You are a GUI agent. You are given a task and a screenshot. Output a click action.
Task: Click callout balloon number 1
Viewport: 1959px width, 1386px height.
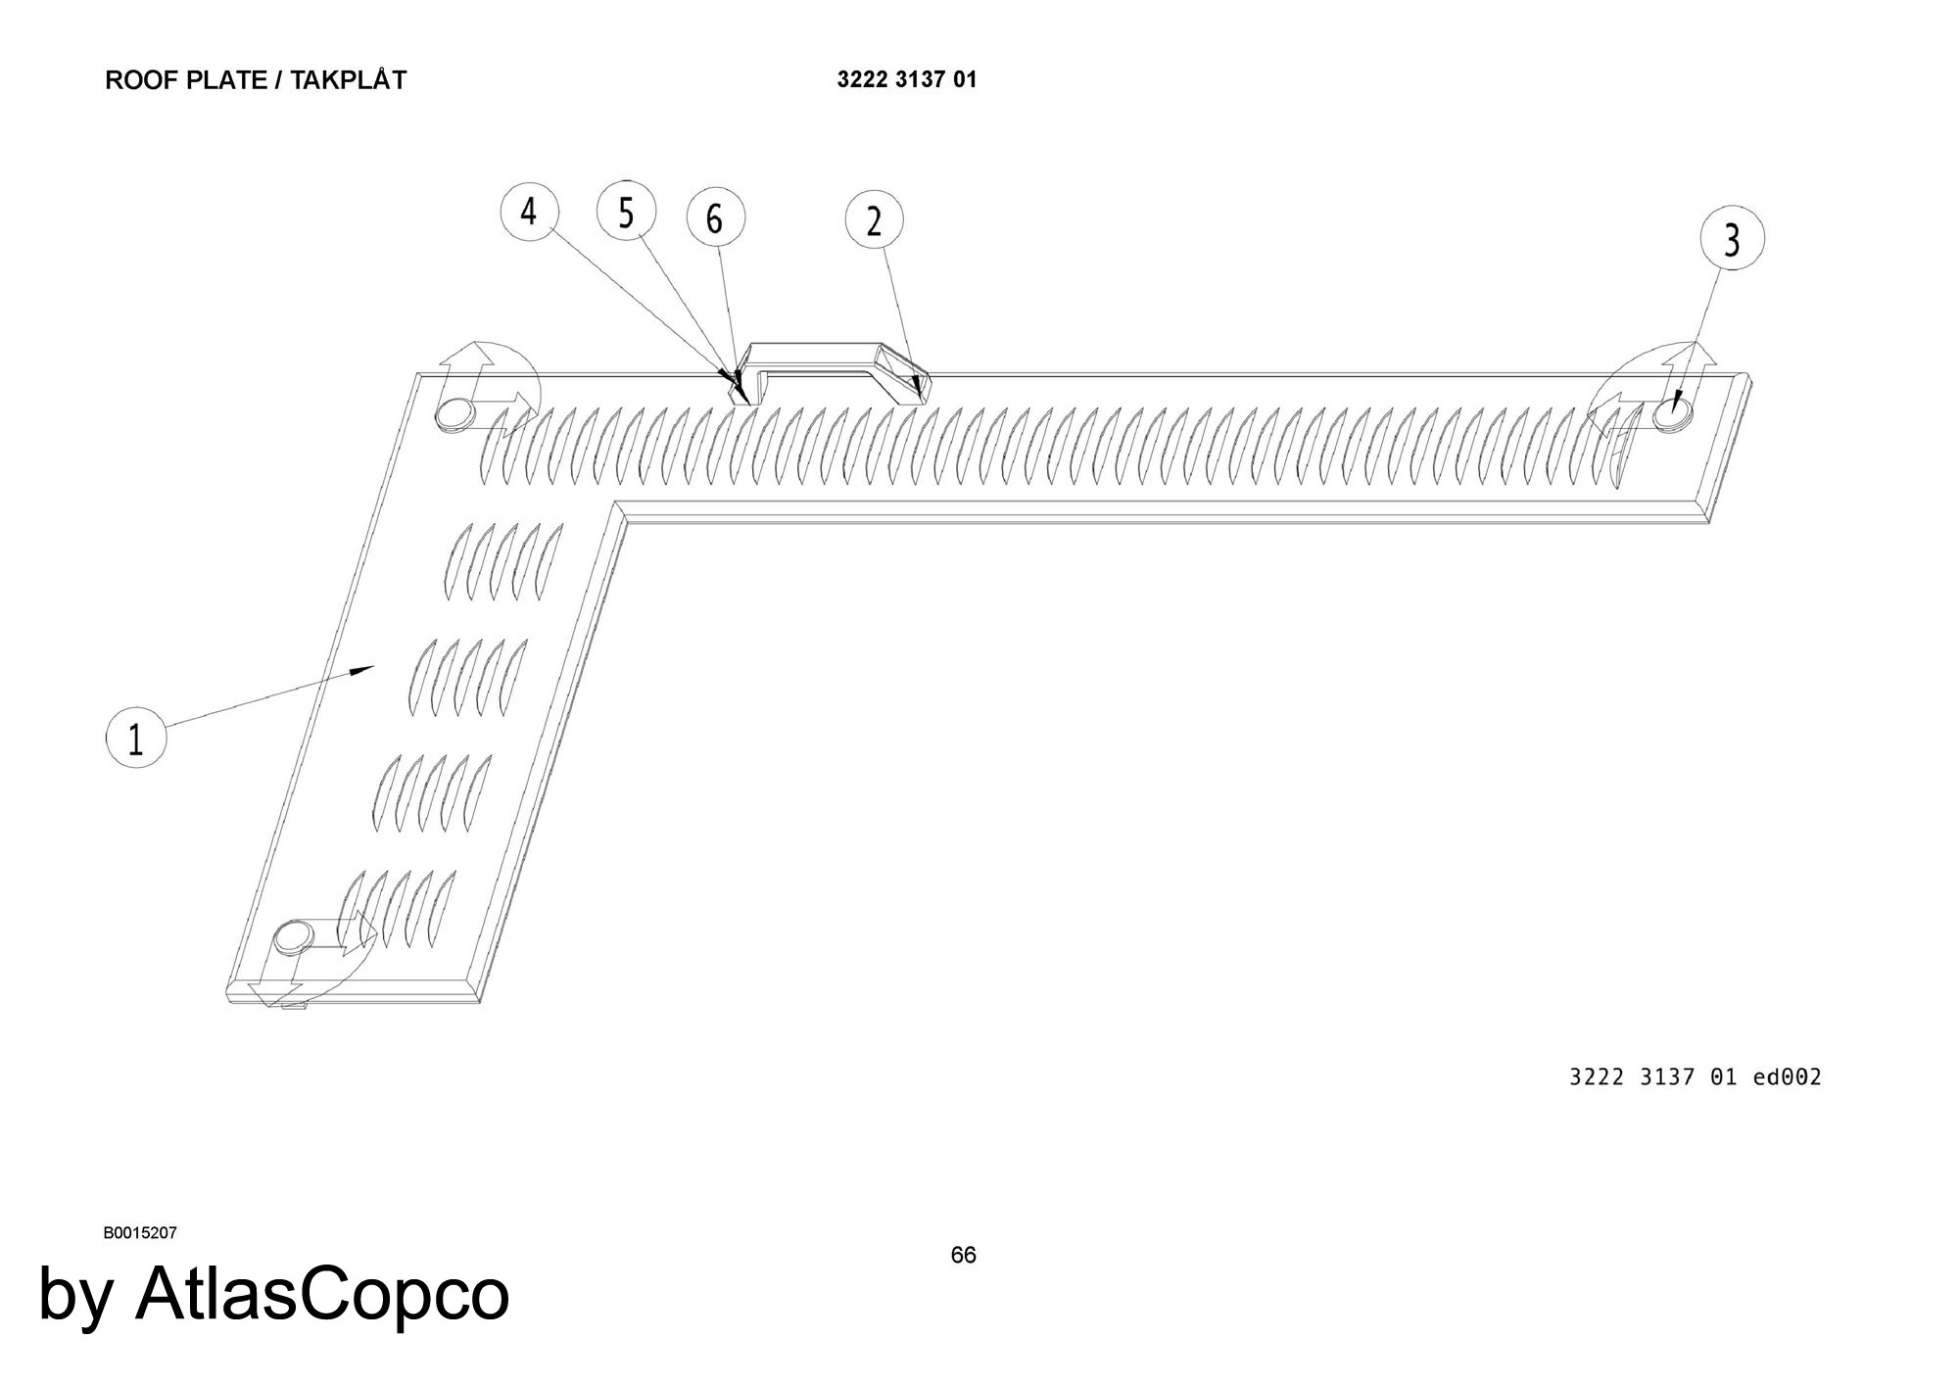(136, 738)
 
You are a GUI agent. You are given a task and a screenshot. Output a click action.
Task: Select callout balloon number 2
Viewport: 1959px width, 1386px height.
(874, 221)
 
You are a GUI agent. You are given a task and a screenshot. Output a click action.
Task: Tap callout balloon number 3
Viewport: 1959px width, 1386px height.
(1732, 239)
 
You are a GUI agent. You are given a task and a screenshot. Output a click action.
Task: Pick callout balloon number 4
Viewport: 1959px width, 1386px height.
(529, 211)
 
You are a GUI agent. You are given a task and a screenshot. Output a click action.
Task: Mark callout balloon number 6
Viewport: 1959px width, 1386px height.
(714, 218)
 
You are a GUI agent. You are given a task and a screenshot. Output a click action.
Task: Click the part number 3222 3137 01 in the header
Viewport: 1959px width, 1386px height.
(906, 80)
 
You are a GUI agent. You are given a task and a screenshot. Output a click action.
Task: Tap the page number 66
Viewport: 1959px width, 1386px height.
(963, 1256)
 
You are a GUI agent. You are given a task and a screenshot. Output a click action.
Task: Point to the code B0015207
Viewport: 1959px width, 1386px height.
(140, 1233)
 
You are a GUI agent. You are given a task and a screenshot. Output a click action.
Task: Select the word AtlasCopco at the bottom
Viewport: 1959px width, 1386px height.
(322, 1294)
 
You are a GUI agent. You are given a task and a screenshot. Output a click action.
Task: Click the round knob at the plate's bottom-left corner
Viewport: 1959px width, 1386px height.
(291, 938)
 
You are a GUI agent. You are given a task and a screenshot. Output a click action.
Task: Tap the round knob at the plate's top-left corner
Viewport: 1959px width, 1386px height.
(454, 415)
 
